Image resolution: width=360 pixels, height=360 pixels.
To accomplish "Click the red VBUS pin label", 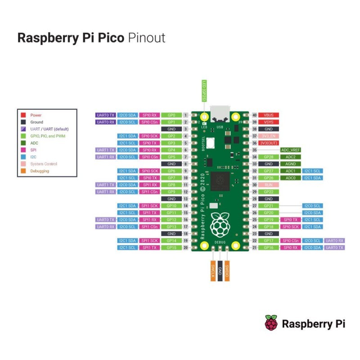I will pyautogui.click(x=269, y=115).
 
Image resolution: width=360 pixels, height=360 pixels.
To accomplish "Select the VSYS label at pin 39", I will pyautogui.click(x=269, y=122).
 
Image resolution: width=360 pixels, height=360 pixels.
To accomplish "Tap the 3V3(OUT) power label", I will pyautogui.click(x=269, y=143).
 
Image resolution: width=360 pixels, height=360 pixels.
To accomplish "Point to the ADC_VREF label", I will pyautogui.click(x=290, y=150).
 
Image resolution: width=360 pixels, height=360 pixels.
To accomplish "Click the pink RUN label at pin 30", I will pyautogui.click(x=269, y=185).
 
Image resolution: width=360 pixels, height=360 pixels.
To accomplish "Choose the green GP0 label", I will pyautogui.click(x=171, y=115).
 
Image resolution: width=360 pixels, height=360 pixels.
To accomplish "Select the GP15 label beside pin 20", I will pyautogui.click(x=171, y=247).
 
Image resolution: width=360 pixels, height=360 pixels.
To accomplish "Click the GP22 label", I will pyautogui.click(x=269, y=192).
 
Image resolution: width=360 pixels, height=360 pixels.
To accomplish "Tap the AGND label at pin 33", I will pyautogui.click(x=290, y=164).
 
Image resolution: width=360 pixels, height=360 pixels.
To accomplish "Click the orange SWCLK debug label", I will pyautogui.click(x=212, y=271).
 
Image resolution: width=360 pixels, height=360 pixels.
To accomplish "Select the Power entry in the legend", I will pyautogui.click(x=36, y=115).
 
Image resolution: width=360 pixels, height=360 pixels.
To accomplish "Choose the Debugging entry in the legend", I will pyautogui.click(x=40, y=171).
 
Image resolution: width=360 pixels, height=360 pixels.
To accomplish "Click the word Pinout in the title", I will pyautogui.click(x=147, y=37).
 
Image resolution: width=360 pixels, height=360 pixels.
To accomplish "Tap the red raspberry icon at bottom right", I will pyautogui.click(x=271, y=323).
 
